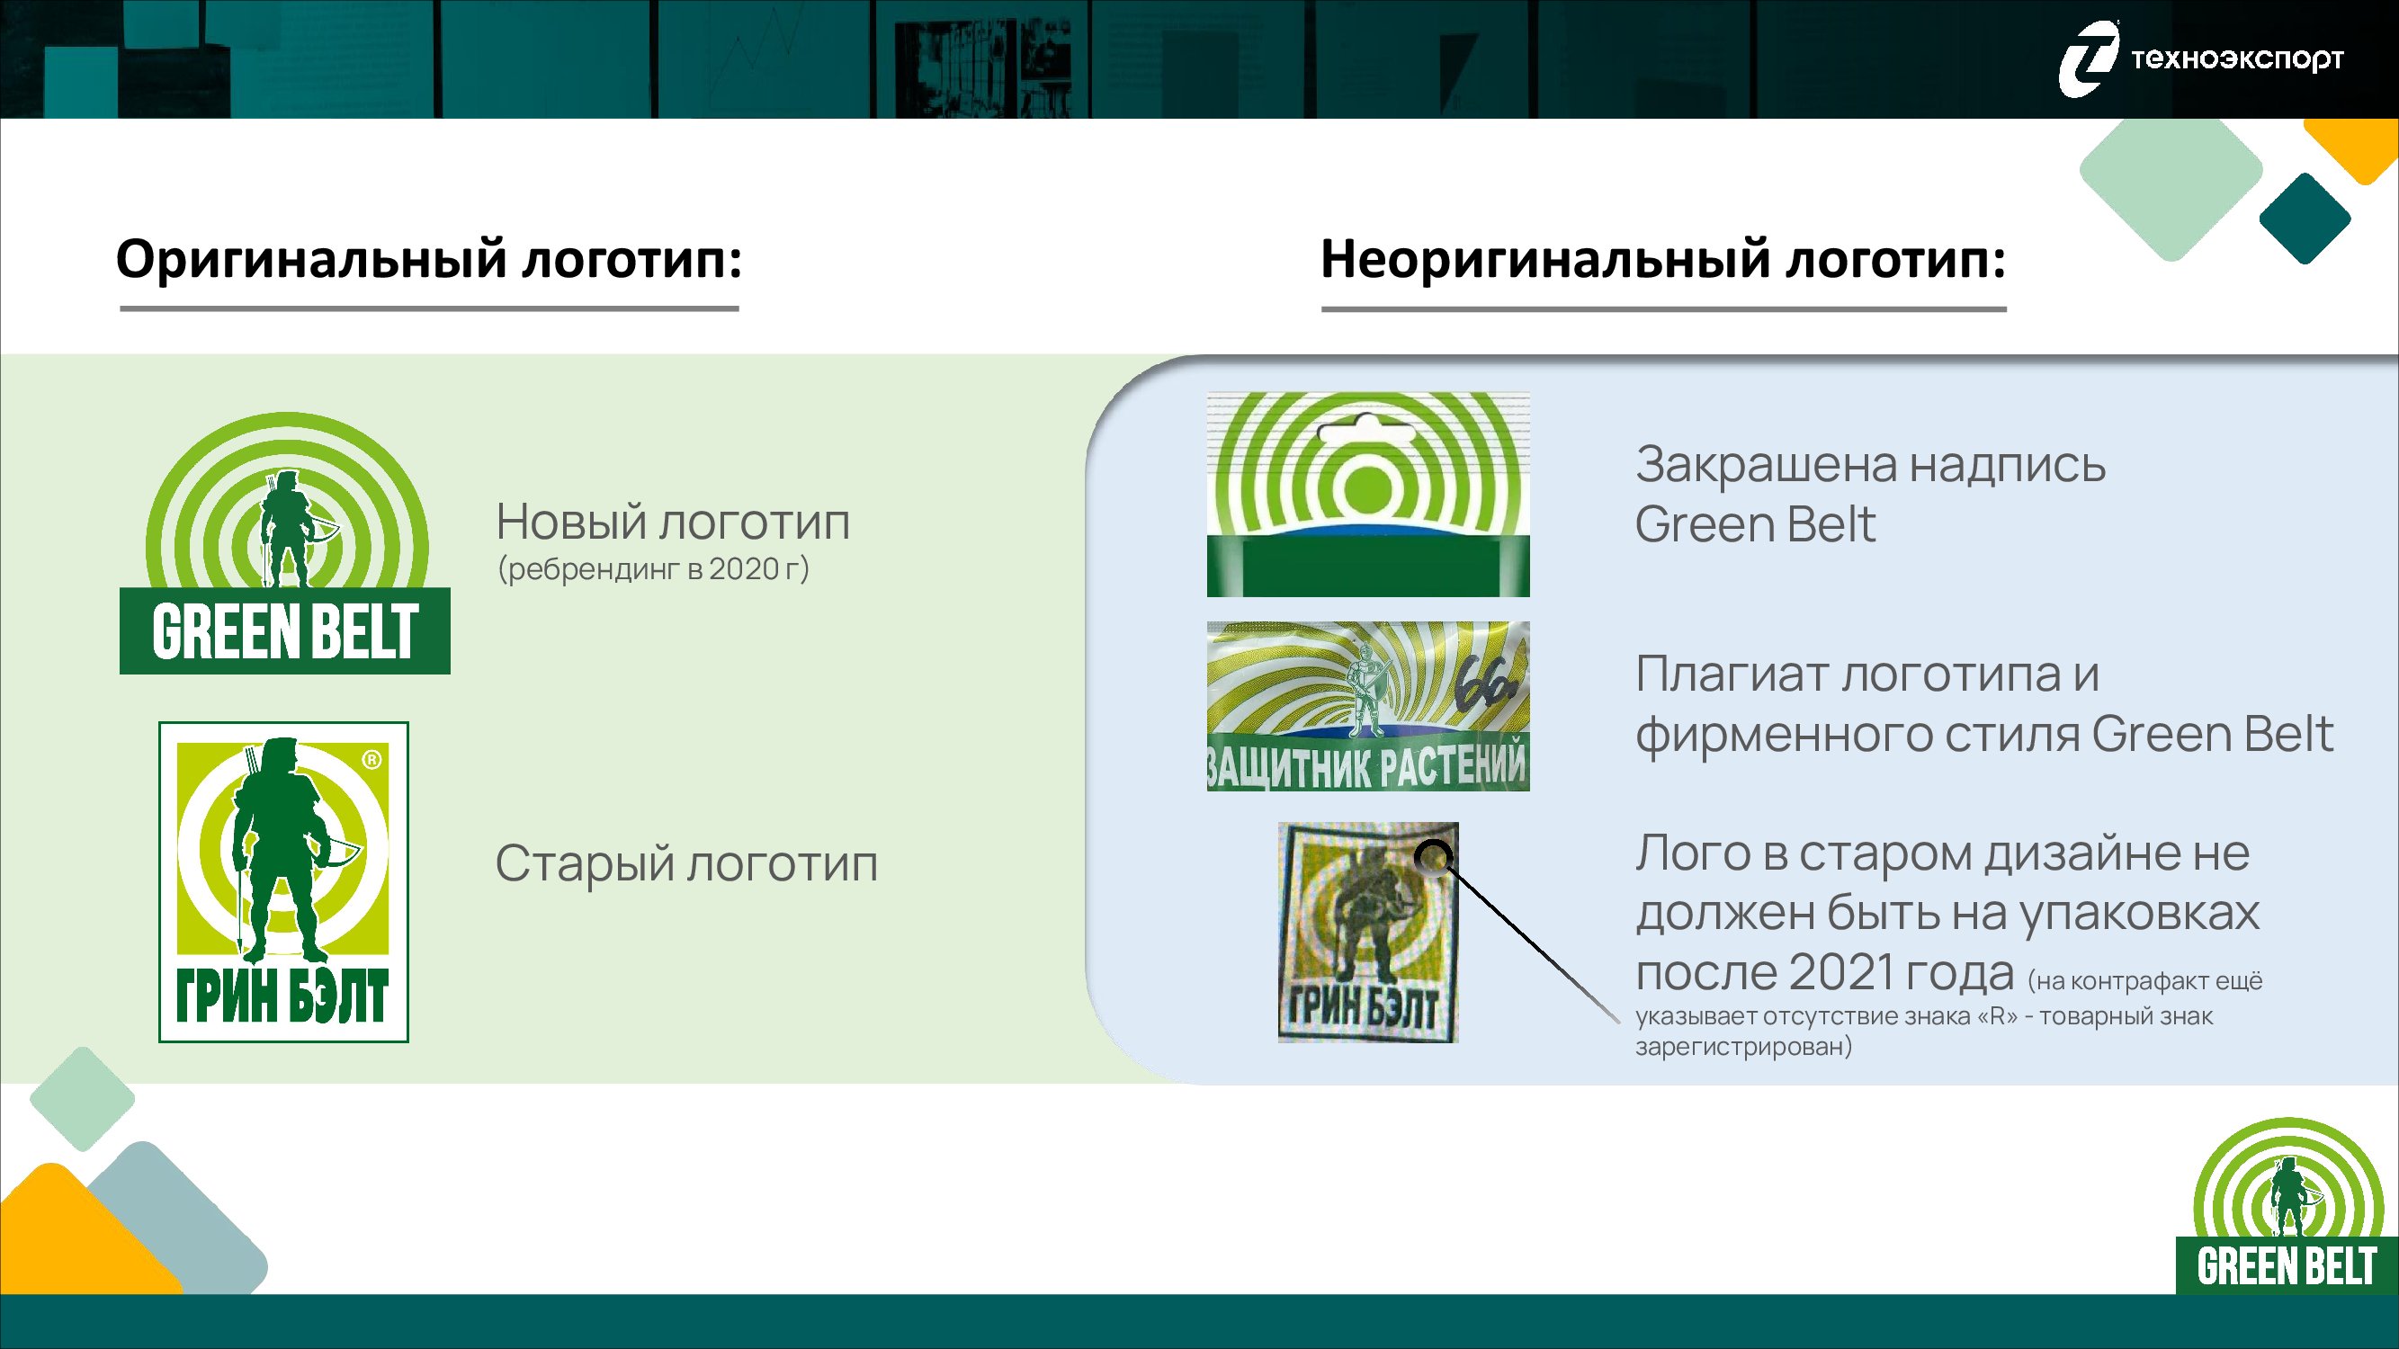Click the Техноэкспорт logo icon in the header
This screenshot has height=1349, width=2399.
coord(2088,58)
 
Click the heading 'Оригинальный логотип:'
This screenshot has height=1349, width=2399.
coord(429,259)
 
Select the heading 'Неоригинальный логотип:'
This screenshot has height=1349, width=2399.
coord(1663,259)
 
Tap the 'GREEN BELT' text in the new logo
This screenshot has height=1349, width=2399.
coord(285,631)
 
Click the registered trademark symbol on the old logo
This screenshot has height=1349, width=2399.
coord(371,760)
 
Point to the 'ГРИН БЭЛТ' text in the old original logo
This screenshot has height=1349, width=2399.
coord(282,996)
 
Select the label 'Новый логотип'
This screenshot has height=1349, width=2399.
coord(673,522)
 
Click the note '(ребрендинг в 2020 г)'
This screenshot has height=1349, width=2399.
coord(654,569)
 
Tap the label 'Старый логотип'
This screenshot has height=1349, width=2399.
coord(686,863)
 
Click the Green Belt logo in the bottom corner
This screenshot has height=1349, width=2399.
coord(2287,1206)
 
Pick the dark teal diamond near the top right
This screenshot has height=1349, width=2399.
coord(2305,219)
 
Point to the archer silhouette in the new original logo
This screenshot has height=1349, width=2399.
coord(289,529)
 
